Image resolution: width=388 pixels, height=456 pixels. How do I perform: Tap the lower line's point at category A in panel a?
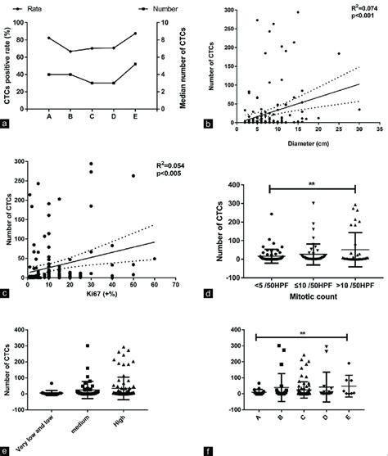click(x=49, y=74)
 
